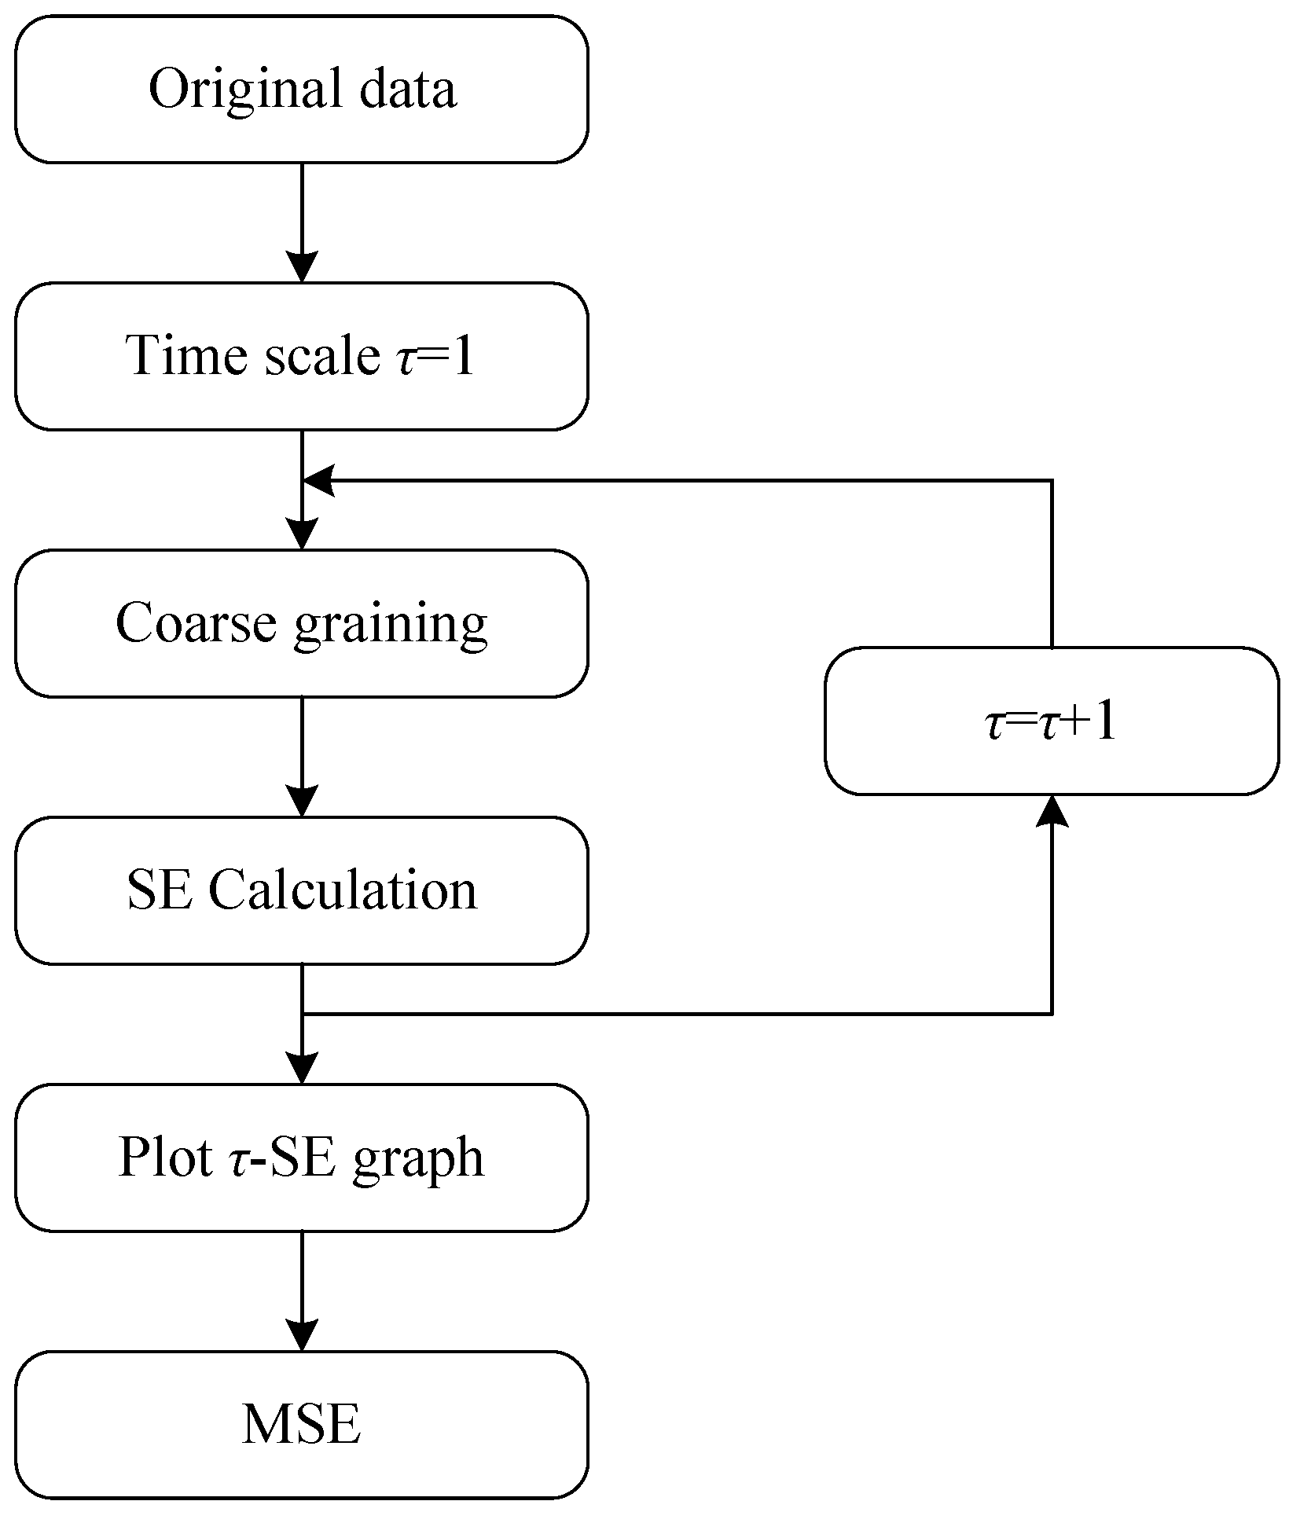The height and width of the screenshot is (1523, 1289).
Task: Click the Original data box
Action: coord(301,89)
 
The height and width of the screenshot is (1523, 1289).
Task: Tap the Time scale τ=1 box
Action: coord(301,356)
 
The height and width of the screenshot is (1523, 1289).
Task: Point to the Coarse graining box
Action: coord(301,623)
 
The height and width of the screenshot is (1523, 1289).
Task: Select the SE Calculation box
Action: coord(301,890)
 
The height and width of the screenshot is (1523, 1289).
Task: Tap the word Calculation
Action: coord(343,890)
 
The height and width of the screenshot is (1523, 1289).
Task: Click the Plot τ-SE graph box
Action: coord(301,1158)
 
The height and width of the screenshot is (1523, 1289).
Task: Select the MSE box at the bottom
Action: coord(301,1425)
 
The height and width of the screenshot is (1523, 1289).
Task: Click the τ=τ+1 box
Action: coord(1051,721)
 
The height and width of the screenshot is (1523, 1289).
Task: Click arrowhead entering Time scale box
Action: coord(302,268)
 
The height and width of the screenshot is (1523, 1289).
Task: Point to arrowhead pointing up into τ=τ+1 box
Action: coord(1052,810)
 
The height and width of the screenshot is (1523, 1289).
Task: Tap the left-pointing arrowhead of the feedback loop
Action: coord(319,479)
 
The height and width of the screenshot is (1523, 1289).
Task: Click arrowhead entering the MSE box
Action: coord(302,1337)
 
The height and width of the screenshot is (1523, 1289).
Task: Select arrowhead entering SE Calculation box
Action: coord(302,802)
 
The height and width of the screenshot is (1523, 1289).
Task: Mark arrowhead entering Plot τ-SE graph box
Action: coord(302,1070)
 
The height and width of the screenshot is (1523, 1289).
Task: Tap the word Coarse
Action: coord(196,623)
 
